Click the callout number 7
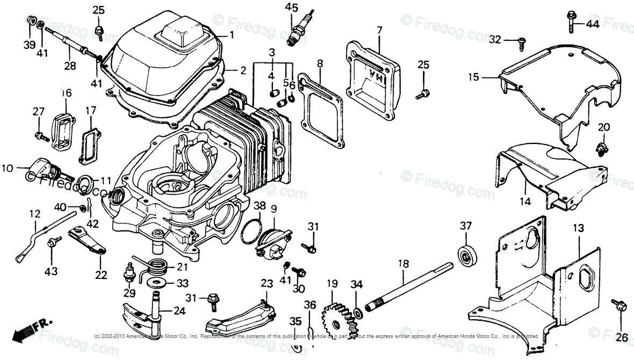coord(379,30)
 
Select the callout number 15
coord(473,77)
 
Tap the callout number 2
coord(243,70)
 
